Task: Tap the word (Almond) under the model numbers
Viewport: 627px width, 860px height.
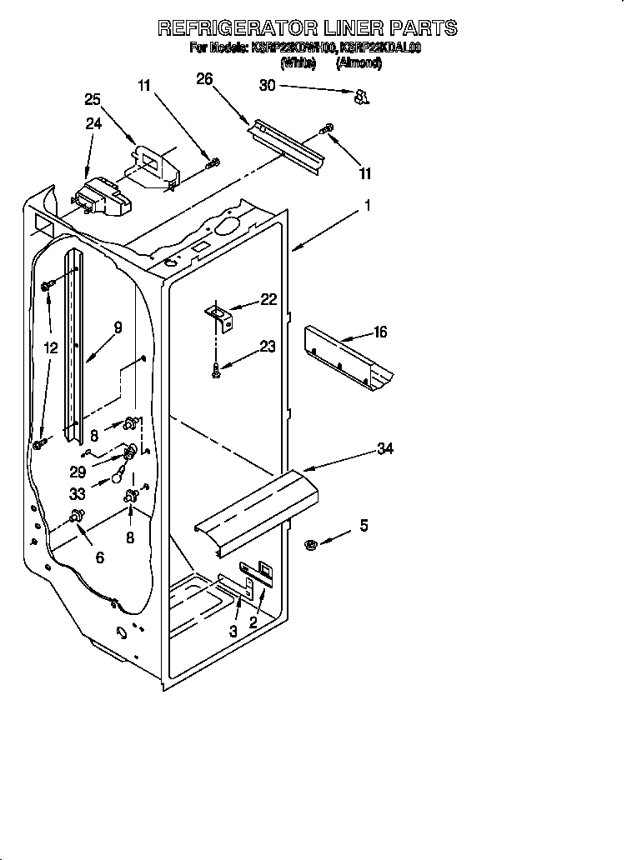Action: (x=359, y=63)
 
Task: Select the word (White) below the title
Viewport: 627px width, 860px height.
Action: (x=298, y=63)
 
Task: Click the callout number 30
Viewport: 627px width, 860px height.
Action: (x=267, y=85)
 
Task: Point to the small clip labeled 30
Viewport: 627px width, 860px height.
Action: (x=361, y=99)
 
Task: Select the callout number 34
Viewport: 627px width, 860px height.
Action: (x=384, y=449)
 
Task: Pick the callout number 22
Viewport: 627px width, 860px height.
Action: (x=268, y=300)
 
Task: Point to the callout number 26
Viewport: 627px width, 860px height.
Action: (x=204, y=79)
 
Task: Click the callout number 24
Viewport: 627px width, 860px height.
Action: (x=93, y=124)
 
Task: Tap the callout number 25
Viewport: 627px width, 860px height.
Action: (x=93, y=99)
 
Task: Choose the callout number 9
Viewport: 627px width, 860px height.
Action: (x=118, y=327)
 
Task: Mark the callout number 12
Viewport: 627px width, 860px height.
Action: (x=52, y=348)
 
